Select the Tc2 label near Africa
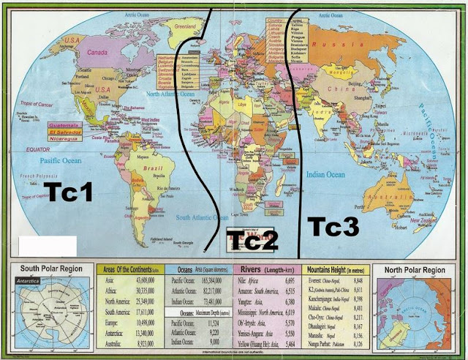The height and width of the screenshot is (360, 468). click(x=251, y=239)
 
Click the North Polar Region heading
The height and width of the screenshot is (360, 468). click(x=418, y=269)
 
